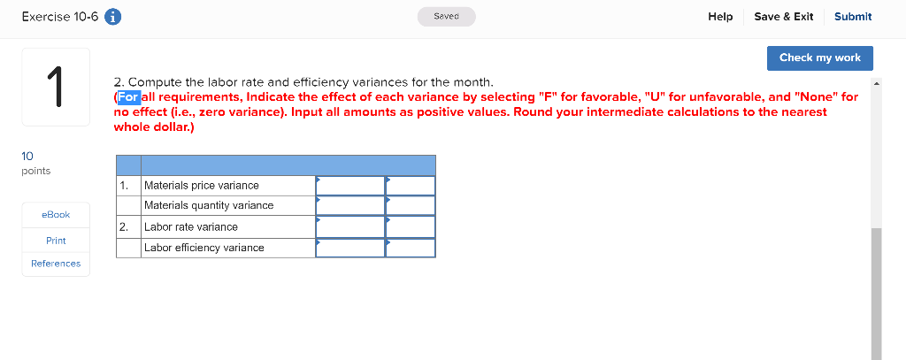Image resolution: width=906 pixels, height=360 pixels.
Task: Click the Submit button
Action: [x=852, y=17]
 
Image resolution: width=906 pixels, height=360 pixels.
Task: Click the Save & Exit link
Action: [x=783, y=17]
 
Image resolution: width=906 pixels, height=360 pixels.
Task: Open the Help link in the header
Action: [x=720, y=17]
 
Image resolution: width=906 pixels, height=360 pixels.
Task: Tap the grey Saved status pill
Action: [x=447, y=17]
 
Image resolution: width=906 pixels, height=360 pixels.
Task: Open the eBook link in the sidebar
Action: [x=56, y=215]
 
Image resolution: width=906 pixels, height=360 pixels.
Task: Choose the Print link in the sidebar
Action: [x=56, y=241]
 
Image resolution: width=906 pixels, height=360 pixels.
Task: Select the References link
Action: [x=56, y=264]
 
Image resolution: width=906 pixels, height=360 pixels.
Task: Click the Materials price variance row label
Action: [x=202, y=186]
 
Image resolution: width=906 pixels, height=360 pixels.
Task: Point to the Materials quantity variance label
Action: [x=209, y=205]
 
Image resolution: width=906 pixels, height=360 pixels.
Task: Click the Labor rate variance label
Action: [x=191, y=226]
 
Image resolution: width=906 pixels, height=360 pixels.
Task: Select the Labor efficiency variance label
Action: [x=204, y=248]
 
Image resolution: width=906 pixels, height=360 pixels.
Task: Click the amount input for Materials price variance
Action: [x=350, y=186]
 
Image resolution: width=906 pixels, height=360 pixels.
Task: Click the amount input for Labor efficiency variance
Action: [x=350, y=248]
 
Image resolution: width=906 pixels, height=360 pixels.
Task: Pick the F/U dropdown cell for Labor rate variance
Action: [x=411, y=226]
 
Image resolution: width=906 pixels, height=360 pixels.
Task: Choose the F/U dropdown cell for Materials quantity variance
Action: [x=411, y=205]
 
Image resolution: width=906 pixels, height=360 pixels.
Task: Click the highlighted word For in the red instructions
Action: [x=128, y=96]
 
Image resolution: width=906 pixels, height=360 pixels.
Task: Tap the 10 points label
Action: [x=35, y=163]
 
